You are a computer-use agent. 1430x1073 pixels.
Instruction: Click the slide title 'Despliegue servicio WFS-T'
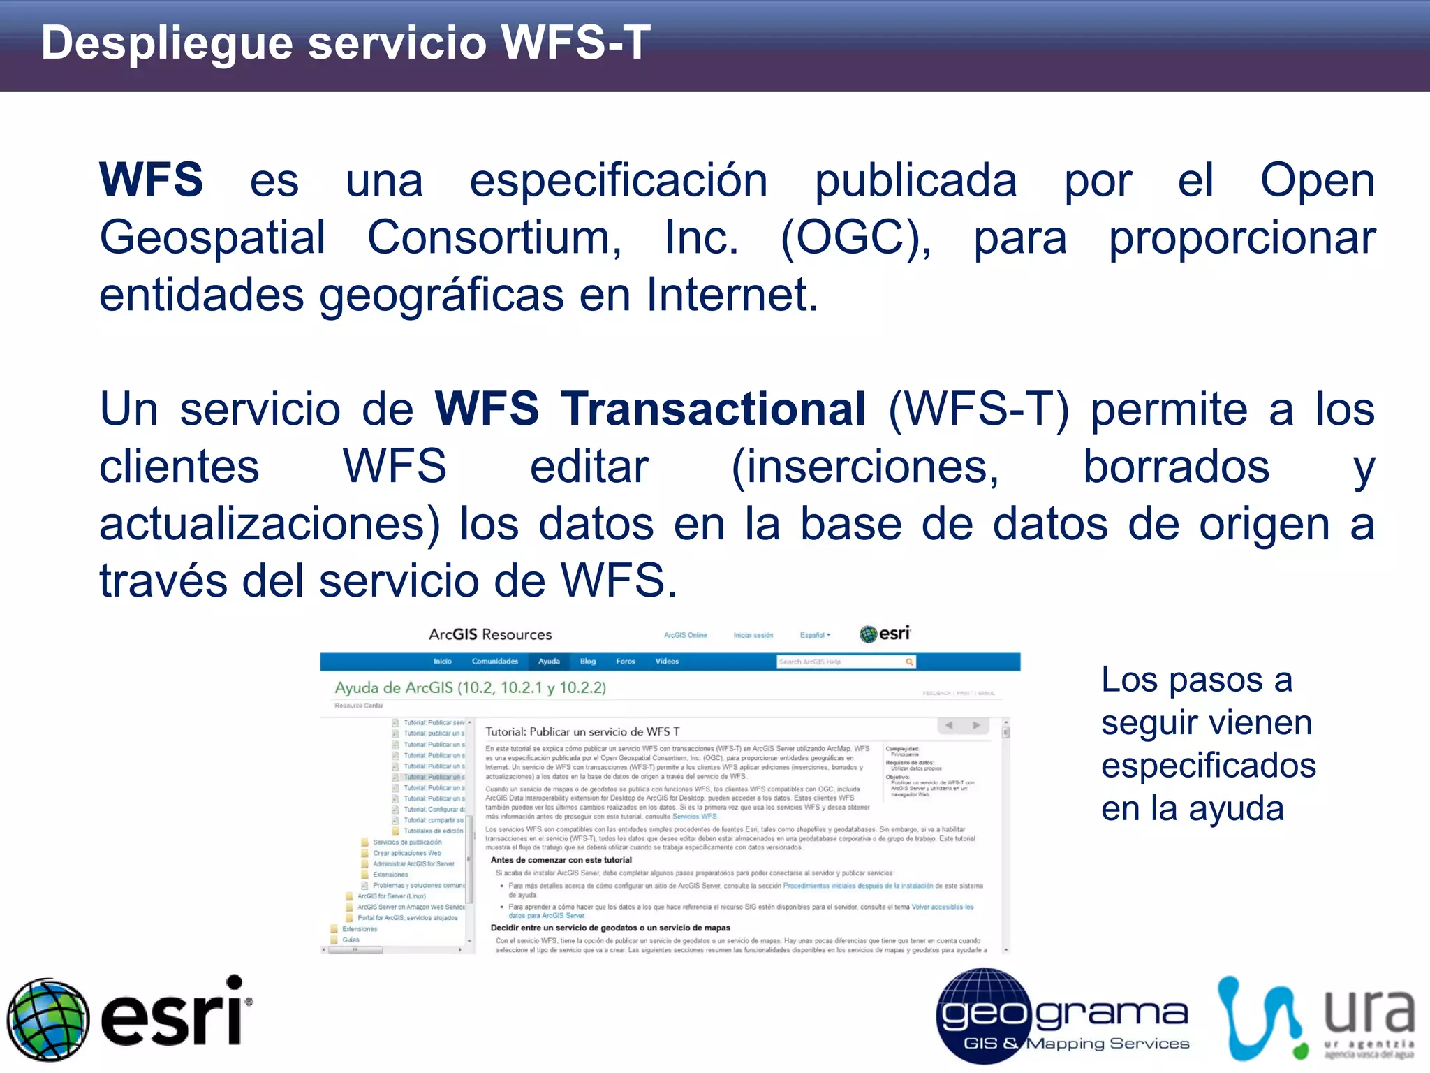346,43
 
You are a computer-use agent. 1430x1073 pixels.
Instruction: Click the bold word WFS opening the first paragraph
151,180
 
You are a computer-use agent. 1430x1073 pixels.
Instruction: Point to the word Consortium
494,238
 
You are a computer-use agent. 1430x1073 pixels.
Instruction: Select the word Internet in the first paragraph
731,295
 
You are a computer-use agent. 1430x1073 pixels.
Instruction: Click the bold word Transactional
714,409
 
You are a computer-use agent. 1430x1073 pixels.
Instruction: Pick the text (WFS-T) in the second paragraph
978,409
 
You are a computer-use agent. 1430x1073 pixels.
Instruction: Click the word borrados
1176,467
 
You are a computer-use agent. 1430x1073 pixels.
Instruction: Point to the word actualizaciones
270,524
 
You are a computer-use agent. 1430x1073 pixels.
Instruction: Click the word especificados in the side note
1208,766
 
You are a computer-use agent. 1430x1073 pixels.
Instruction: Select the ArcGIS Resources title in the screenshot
490,634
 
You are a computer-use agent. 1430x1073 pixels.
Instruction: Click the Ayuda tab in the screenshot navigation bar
549,662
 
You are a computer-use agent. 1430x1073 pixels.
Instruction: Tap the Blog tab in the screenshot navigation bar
588,662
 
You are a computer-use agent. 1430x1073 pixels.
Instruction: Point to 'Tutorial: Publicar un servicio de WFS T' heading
582,732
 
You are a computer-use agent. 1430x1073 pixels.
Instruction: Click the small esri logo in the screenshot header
885,634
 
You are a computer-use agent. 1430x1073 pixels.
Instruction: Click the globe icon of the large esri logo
48,1019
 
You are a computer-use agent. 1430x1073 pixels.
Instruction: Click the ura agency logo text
1369,1012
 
